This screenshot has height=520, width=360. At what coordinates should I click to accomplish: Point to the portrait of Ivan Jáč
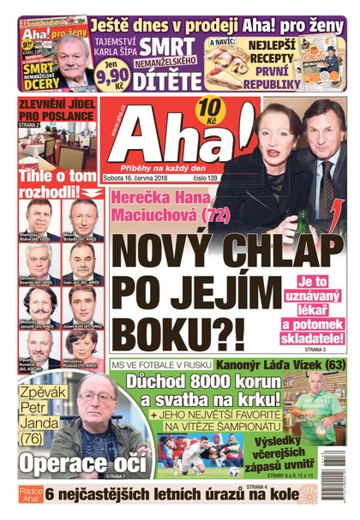click(83, 260)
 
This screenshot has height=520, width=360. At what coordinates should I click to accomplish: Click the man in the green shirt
click(318, 403)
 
